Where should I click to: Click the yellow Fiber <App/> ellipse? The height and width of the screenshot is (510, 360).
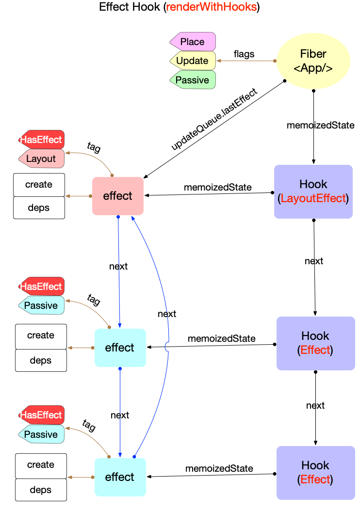point(313,61)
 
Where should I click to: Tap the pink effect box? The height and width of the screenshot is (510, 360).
point(118,196)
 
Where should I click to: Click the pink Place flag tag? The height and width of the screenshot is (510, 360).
point(193,42)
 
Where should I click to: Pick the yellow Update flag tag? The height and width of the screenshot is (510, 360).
point(193,61)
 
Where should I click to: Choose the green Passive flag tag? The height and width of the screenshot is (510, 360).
point(193,80)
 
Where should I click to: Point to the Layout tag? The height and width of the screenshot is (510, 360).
point(41,159)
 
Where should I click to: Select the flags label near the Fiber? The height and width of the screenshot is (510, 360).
point(244,54)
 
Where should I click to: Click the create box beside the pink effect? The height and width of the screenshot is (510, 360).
point(39,184)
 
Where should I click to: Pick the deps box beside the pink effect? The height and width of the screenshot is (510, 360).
point(39,208)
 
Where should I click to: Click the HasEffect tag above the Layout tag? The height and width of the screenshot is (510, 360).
point(41,140)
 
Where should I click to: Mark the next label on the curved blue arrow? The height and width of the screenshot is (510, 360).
point(167,314)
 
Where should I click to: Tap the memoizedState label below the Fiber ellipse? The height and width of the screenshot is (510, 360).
point(314,125)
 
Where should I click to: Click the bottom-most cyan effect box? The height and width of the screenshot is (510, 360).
point(120,477)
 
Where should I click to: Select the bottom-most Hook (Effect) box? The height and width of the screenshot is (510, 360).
point(315,473)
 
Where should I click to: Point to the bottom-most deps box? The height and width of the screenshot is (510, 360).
point(41,490)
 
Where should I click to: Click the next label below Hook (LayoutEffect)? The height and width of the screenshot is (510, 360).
point(314,261)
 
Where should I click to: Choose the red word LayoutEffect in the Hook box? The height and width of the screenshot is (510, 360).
point(313,198)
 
